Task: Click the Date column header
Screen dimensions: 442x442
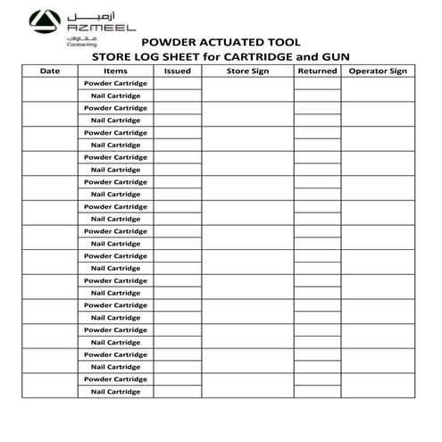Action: [50, 71]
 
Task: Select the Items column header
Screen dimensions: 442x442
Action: [115, 71]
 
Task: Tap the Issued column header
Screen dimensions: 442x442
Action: [178, 71]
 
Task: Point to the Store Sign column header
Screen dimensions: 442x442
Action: [247, 71]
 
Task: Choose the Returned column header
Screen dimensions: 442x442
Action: [317, 71]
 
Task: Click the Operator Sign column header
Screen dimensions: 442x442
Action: [378, 71]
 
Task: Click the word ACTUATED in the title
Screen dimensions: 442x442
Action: [236, 41]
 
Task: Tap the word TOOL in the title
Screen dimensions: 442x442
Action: [284, 41]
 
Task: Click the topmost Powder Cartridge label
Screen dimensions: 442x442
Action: [115, 83]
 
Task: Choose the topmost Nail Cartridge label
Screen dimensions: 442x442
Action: [115, 96]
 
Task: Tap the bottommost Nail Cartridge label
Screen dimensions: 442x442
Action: [115, 392]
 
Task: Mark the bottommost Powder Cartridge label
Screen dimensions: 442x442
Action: [115, 379]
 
